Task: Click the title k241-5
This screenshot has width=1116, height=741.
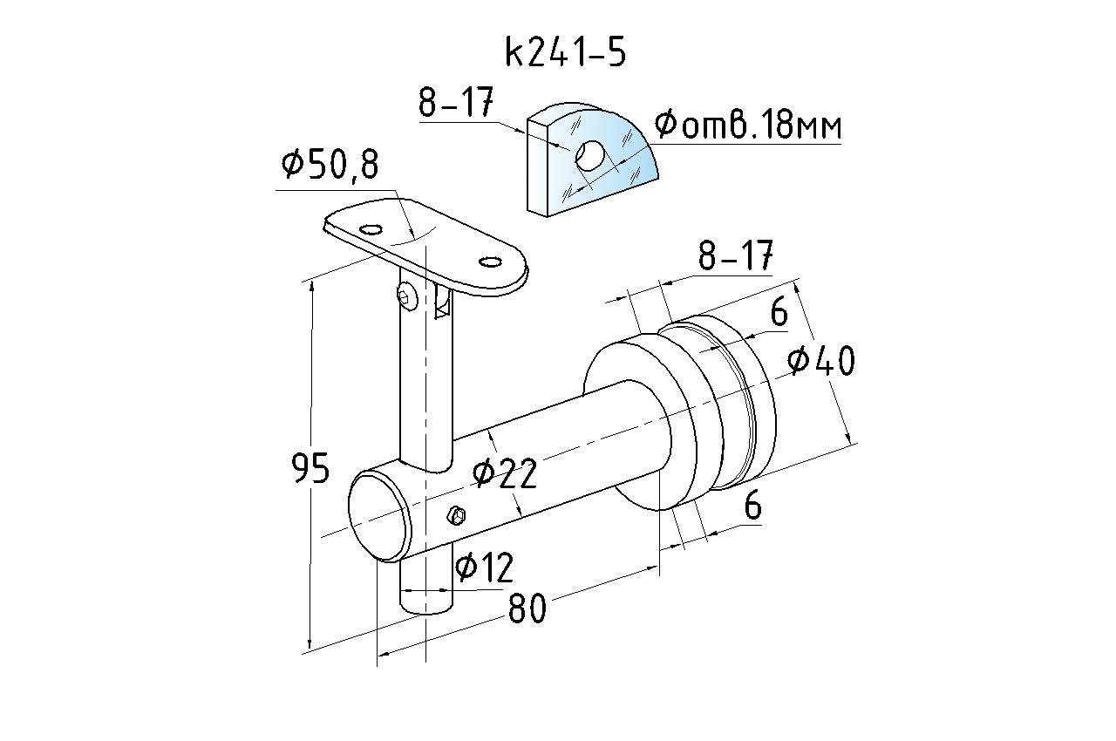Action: (x=566, y=52)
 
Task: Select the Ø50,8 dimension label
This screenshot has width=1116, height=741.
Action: (x=330, y=166)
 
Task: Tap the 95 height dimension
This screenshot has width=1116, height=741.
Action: (x=310, y=468)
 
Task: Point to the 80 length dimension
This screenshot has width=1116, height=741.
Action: (x=527, y=608)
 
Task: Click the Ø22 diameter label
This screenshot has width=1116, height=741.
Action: (x=504, y=473)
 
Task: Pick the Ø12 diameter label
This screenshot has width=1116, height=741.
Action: (x=484, y=568)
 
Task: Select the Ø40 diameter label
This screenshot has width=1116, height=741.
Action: (x=821, y=361)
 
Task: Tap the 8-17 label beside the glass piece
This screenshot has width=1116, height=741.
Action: (x=456, y=102)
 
